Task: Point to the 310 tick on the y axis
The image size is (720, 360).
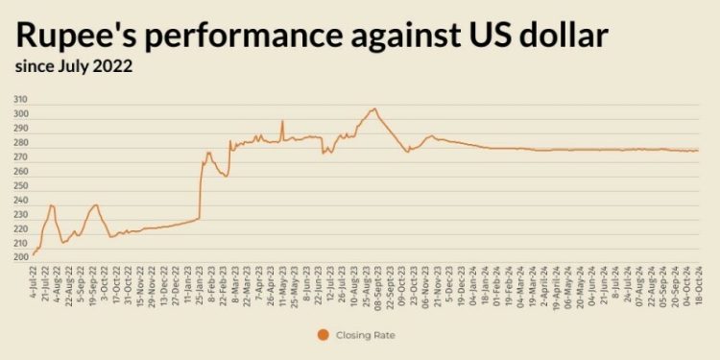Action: pos(20,100)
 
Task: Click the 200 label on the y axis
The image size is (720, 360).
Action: pos(20,257)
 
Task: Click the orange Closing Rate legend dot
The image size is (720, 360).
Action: pos(322,335)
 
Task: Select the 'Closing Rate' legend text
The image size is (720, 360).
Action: pos(369,335)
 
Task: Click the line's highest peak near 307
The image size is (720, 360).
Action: pos(374,108)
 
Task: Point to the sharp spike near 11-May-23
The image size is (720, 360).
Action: pos(282,121)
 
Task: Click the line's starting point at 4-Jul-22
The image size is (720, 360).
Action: pos(34,254)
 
